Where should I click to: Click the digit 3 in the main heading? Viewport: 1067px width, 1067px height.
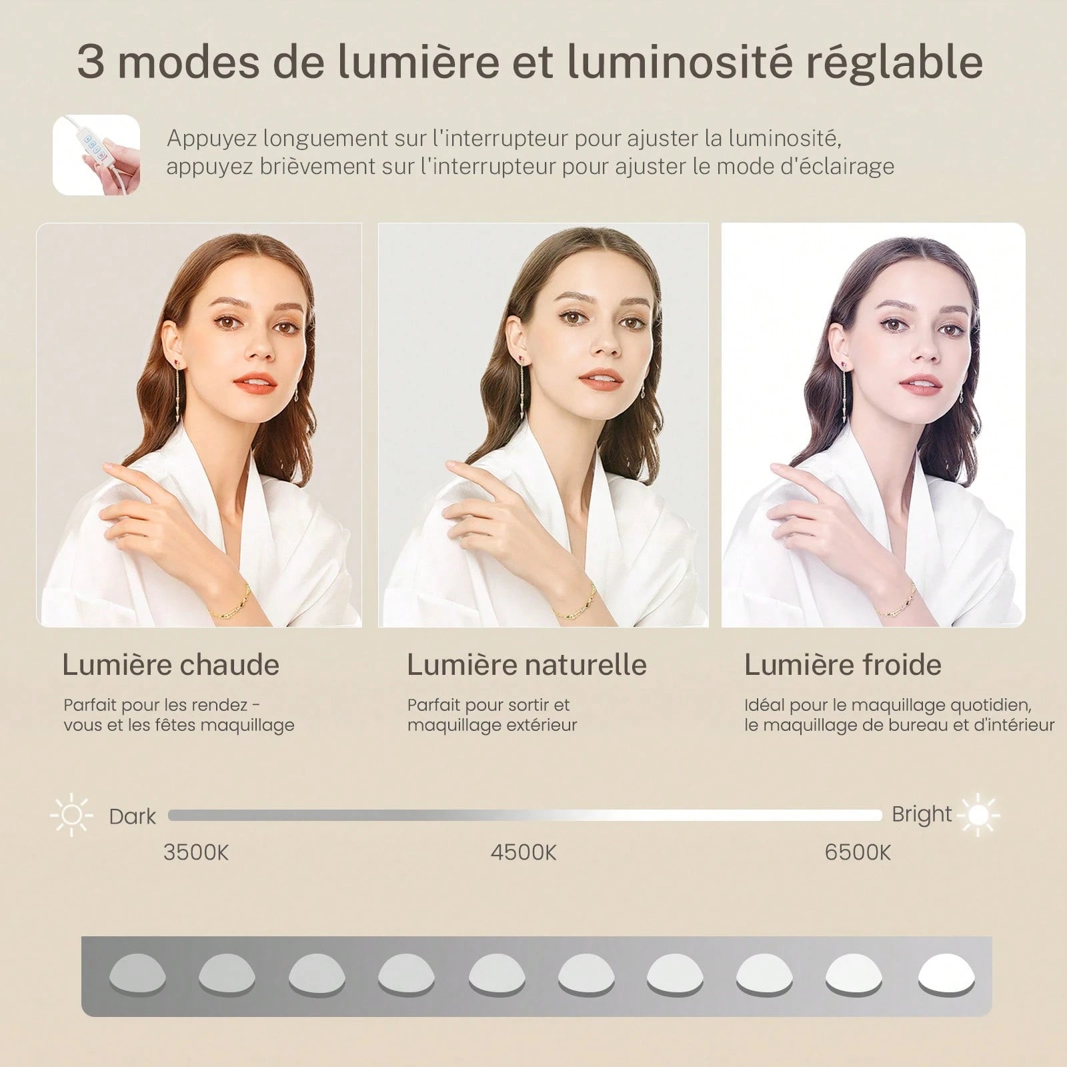(91, 62)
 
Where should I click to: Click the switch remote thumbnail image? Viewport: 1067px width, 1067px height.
(97, 155)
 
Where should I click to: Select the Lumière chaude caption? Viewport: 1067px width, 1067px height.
(171, 665)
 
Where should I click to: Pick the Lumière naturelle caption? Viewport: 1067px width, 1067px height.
(527, 665)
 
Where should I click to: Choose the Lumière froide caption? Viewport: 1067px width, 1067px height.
(843, 665)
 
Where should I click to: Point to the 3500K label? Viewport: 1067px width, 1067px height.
(196, 852)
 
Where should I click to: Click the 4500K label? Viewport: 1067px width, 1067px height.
(523, 852)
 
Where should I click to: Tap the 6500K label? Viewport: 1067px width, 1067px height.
(858, 852)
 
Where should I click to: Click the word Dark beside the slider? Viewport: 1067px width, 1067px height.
(132, 816)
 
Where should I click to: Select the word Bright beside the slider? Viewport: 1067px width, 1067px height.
(922, 815)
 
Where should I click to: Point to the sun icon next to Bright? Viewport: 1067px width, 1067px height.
(978, 814)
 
